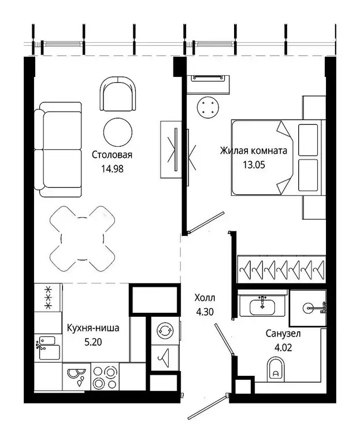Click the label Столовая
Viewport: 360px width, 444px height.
pos(112,155)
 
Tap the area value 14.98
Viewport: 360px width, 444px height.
pos(112,169)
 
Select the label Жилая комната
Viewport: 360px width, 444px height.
pos(253,151)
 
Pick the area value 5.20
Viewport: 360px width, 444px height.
pos(93,342)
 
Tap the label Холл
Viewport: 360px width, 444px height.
pos(205,298)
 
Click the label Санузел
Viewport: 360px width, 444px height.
pos(283,334)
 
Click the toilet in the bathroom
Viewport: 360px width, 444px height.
pos(276,369)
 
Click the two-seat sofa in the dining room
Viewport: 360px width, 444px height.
pos(58,149)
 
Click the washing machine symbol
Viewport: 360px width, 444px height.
pos(164,331)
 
